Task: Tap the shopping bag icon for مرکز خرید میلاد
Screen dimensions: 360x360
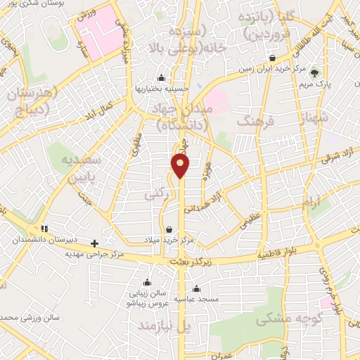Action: [x=169, y=229]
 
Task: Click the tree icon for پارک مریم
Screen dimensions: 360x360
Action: [x=314, y=72]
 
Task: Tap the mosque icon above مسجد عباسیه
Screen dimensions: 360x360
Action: [x=196, y=288]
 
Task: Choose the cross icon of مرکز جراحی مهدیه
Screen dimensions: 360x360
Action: [x=95, y=243]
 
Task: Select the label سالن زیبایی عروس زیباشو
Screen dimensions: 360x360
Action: [x=144, y=298]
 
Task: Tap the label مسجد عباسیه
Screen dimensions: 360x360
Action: [x=196, y=300]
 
